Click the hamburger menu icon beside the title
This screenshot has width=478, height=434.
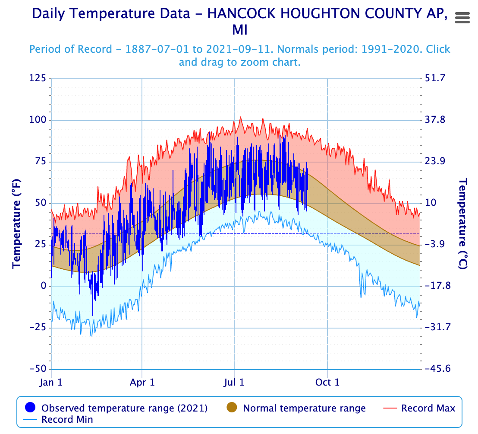pyautogui.click(x=462, y=18)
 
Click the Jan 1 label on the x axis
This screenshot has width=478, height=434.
pyautogui.click(x=51, y=382)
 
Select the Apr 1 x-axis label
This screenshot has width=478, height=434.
pyautogui.click(x=142, y=382)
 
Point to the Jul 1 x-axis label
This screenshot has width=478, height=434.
pyautogui.click(x=234, y=382)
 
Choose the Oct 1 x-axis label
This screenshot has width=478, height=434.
pyautogui.click(x=327, y=382)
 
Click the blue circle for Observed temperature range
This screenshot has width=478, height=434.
pyautogui.click(x=30, y=408)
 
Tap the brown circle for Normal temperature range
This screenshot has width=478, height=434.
pyautogui.click(x=232, y=408)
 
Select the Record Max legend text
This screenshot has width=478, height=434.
pyautogui.click(x=428, y=408)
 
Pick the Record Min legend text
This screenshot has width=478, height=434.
pyautogui.click(x=67, y=419)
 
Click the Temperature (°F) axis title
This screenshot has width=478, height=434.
pyautogui.click(x=16, y=224)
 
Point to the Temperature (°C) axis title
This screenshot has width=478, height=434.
pyautogui.click(x=463, y=224)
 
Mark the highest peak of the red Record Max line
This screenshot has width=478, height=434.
pyautogui.click(x=241, y=117)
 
